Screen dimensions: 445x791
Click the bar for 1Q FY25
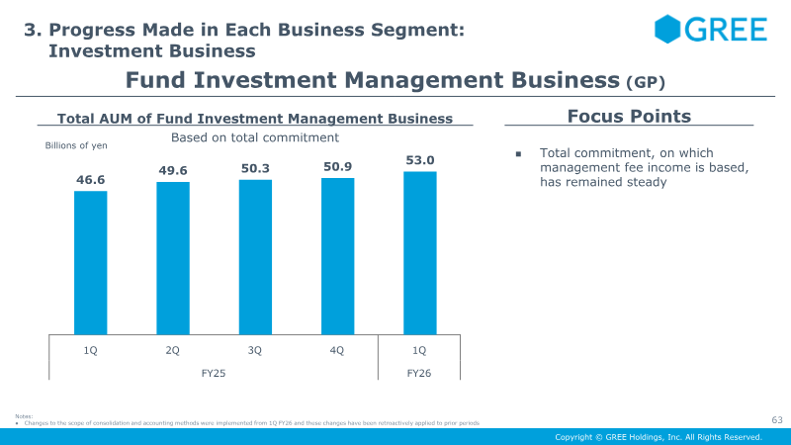(x=91, y=262)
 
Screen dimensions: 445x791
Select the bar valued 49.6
(x=173, y=258)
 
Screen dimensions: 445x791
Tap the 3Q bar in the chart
(x=255, y=257)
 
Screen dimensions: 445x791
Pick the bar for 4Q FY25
(x=337, y=256)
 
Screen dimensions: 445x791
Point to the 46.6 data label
(x=91, y=180)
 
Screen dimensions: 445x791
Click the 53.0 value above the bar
(x=420, y=160)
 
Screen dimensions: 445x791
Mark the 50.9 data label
(x=338, y=167)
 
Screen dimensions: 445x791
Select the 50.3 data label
(x=256, y=169)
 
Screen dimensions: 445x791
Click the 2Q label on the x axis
(x=173, y=349)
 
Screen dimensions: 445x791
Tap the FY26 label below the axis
(x=419, y=374)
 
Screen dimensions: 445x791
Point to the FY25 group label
(x=215, y=374)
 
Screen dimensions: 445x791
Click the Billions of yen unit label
(x=76, y=146)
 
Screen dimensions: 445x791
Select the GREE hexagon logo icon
(x=668, y=30)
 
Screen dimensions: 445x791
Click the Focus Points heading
(x=629, y=117)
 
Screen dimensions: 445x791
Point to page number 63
(x=777, y=420)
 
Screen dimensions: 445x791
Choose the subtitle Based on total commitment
(x=255, y=137)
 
